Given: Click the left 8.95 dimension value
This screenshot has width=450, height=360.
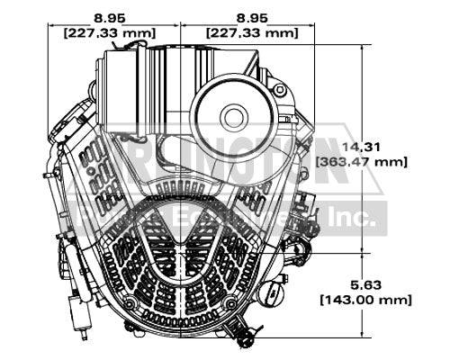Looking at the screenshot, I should click(112, 16).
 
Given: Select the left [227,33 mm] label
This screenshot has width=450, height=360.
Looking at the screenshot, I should click(112, 32).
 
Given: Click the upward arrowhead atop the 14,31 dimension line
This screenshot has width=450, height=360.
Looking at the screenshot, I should click(362, 50).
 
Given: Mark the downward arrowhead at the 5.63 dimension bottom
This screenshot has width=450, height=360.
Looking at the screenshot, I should click(362, 328).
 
